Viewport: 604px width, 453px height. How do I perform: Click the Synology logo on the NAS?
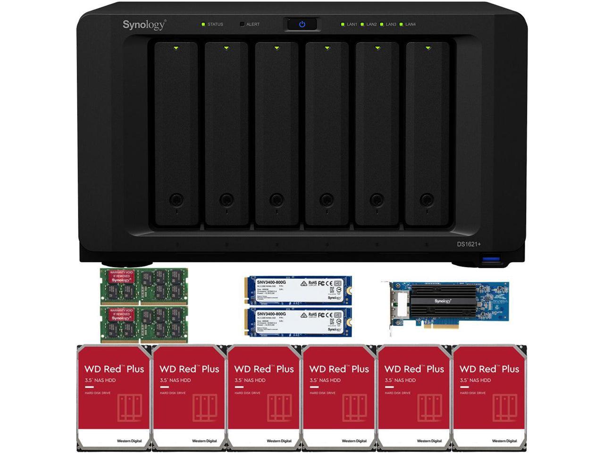click(x=144, y=25)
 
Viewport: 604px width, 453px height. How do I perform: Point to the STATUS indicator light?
click(x=203, y=24)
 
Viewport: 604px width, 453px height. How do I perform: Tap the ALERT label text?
click(x=253, y=24)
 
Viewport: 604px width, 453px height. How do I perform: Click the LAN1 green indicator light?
click(x=343, y=24)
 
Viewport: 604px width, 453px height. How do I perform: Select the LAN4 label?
click(x=410, y=24)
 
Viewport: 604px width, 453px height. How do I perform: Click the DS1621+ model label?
click(x=469, y=244)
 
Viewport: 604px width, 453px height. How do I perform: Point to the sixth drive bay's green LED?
click(x=428, y=48)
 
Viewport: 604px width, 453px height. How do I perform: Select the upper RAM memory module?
click(x=144, y=285)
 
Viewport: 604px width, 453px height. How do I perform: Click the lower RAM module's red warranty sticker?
click(x=121, y=315)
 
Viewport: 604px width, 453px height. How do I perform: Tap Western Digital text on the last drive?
click(x=504, y=441)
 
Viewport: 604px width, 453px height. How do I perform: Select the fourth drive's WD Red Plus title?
click(x=339, y=369)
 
